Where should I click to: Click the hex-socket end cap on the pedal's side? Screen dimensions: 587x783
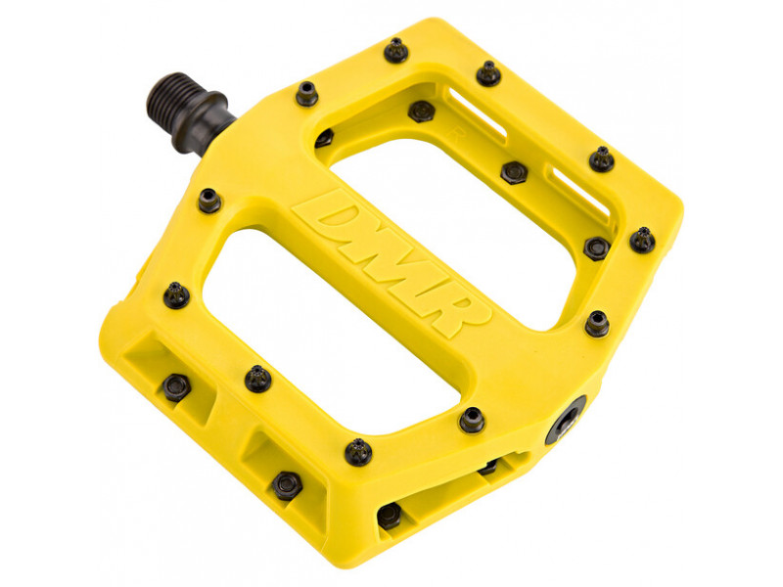coord(567,423)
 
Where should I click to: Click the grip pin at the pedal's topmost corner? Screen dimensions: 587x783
coord(395,50)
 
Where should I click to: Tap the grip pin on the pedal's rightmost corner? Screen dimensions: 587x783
coord(642,240)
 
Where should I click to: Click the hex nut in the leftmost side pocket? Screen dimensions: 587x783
coord(176,386)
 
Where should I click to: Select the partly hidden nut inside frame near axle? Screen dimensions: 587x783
coord(323,138)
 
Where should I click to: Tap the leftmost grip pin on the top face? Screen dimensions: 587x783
coord(176,294)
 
